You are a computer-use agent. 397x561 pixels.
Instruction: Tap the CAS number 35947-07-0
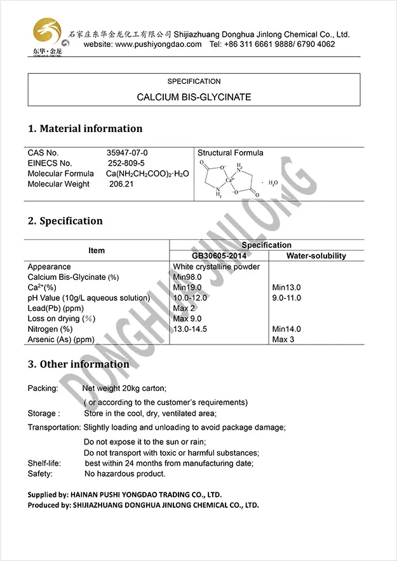pyautogui.click(x=127, y=153)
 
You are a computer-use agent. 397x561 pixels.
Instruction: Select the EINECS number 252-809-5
pyautogui.click(x=126, y=163)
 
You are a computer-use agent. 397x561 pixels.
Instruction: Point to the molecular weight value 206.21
pyautogui.click(x=121, y=184)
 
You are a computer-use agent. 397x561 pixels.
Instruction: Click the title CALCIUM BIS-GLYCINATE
pyautogui.click(x=194, y=97)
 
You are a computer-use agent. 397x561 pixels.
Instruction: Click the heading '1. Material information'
pyautogui.click(x=85, y=129)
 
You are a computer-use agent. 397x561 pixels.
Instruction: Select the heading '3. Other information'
pyautogui.click(x=78, y=364)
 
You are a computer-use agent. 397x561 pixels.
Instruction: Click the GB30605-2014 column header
pyautogui.click(x=219, y=256)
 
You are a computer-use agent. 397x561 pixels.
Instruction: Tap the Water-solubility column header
pyautogui.click(x=316, y=256)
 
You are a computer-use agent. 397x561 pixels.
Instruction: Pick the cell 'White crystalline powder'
pyautogui.click(x=216, y=267)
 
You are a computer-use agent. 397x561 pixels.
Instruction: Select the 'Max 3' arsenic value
pyautogui.click(x=283, y=340)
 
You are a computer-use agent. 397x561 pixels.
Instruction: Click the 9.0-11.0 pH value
pyautogui.click(x=286, y=298)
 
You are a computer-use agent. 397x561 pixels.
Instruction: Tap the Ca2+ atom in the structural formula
pyautogui.click(x=231, y=180)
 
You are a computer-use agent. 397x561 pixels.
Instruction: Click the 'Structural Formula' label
pyautogui.click(x=230, y=153)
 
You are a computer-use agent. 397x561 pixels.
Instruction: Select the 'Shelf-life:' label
pyautogui.click(x=44, y=463)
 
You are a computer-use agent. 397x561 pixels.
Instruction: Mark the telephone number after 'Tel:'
pyautogui.click(x=281, y=44)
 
